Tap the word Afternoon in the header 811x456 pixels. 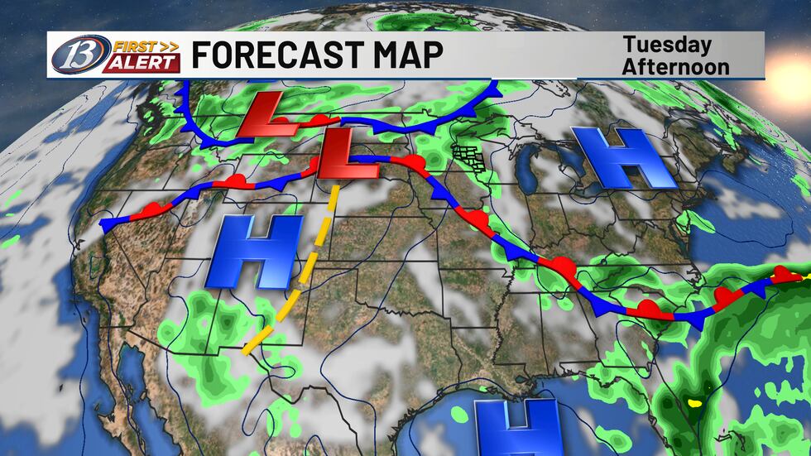(x=677, y=65)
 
